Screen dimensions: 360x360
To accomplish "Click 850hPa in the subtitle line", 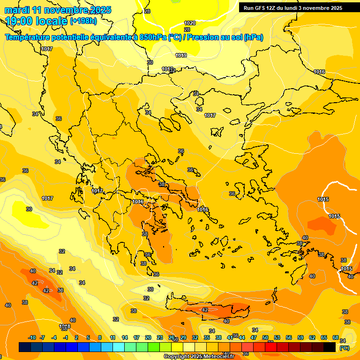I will tap(152, 37).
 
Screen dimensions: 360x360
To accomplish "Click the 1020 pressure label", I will tap(190, 23).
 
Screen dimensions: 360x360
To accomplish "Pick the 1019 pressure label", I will tap(181, 55).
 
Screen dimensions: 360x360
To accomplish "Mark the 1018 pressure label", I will tap(65, 326).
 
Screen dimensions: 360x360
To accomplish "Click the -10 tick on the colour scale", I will tap(32, 337).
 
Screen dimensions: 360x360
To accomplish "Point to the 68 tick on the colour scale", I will tap(336, 337).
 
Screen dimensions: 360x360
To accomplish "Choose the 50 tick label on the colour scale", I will tap(265, 337).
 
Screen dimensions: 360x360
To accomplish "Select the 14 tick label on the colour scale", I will tap(125, 337).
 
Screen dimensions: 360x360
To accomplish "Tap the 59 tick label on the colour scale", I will tap(300, 337).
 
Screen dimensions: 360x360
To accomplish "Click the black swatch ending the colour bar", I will tap(330, 347).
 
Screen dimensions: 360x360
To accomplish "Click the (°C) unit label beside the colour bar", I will tap(344, 348).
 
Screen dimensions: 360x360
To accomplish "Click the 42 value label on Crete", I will tap(204, 310).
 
